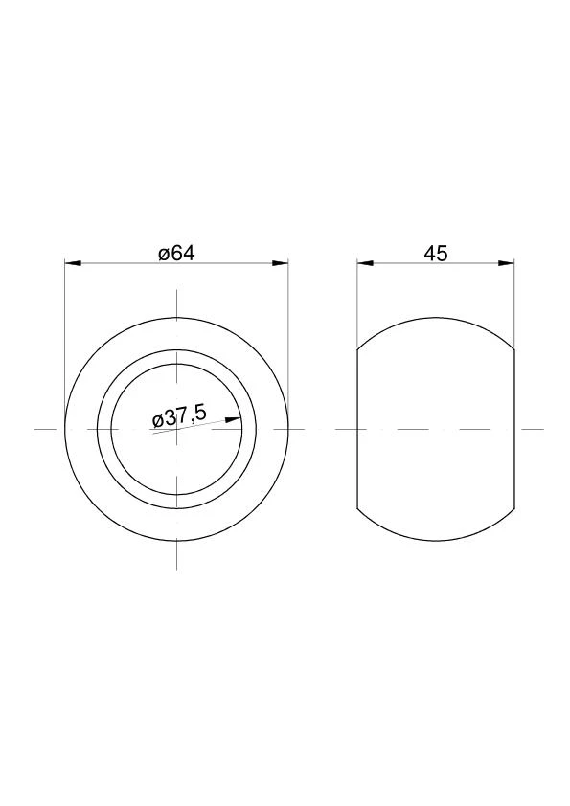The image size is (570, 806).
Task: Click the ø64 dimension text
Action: tap(177, 254)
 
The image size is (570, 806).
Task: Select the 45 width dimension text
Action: tap(436, 254)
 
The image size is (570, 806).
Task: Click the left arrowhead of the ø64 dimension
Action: tap(73, 263)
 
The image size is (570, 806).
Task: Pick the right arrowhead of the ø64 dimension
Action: tap(281, 263)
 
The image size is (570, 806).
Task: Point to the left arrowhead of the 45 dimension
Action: tap(365, 263)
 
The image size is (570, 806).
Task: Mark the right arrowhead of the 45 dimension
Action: tap(506, 263)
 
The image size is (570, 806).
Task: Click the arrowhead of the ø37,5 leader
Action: tap(234, 419)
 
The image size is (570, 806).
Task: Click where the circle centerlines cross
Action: tap(177, 429)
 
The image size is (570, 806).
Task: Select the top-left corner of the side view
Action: tap(357, 349)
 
